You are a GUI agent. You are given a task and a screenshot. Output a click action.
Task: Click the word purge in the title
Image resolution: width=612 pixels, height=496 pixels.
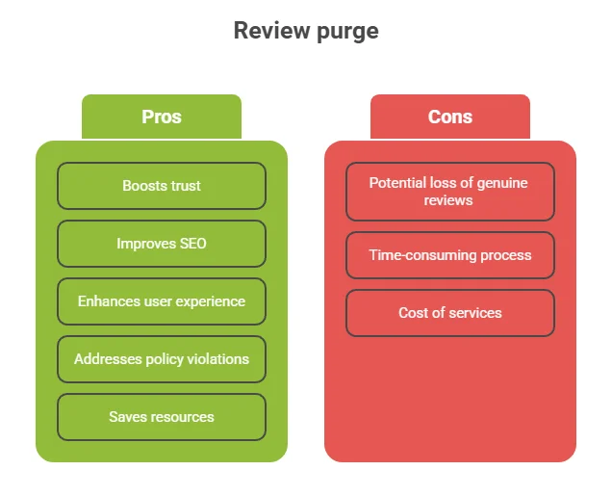tap(347, 32)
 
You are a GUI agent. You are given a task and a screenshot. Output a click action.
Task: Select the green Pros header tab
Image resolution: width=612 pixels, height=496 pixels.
tap(162, 117)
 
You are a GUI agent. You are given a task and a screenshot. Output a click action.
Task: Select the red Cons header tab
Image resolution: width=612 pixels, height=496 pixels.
tap(450, 117)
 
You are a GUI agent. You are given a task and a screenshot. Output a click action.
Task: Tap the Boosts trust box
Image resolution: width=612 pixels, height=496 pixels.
tap(162, 186)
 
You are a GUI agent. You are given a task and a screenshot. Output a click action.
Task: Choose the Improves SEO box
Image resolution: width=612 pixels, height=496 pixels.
tap(162, 244)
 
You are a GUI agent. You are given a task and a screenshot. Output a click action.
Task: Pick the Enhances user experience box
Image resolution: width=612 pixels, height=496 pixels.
tap(162, 301)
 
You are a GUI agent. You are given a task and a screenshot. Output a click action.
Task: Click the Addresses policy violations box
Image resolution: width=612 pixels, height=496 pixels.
tap(162, 359)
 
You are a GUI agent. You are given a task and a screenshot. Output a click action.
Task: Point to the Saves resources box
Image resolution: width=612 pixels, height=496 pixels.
tap(162, 417)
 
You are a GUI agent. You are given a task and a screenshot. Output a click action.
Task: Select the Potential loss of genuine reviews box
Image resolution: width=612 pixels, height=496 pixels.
tap(450, 192)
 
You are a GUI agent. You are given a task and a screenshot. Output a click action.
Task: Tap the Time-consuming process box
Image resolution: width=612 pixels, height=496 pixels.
tap(450, 255)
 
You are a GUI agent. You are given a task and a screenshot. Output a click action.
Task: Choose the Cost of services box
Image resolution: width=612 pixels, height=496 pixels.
tap(450, 313)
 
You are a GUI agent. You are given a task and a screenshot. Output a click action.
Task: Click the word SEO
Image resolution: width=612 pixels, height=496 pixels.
tap(190, 244)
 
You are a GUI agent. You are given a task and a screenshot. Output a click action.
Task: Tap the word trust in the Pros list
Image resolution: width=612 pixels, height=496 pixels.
tap(184, 186)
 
